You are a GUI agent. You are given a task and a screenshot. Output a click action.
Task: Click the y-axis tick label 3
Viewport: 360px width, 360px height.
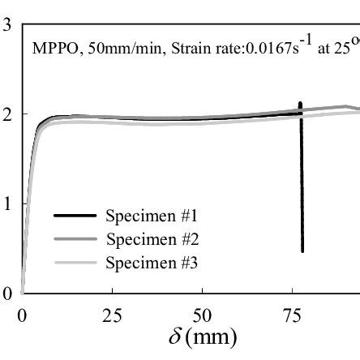point(6,24)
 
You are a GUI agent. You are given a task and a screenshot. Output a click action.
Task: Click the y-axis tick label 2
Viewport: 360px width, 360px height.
point(6,114)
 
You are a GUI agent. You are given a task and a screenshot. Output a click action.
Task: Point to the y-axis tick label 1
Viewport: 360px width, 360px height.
point(6,204)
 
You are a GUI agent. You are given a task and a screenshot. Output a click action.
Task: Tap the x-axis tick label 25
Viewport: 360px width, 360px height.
point(113,315)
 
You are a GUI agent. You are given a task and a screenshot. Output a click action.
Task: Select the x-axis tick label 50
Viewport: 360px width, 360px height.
point(204,315)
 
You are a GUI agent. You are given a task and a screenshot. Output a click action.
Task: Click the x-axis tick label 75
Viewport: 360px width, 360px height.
point(294,315)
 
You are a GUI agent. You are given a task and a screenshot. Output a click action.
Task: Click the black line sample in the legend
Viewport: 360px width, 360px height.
point(75,216)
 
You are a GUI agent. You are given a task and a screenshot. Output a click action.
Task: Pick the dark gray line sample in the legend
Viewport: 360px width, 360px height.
point(75,240)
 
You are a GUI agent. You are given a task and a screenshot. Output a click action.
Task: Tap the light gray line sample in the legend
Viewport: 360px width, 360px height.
point(75,264)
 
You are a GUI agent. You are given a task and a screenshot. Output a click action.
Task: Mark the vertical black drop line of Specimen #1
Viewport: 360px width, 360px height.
point(302,178)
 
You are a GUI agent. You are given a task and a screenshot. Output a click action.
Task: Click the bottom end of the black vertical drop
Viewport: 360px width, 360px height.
point(302,251)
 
